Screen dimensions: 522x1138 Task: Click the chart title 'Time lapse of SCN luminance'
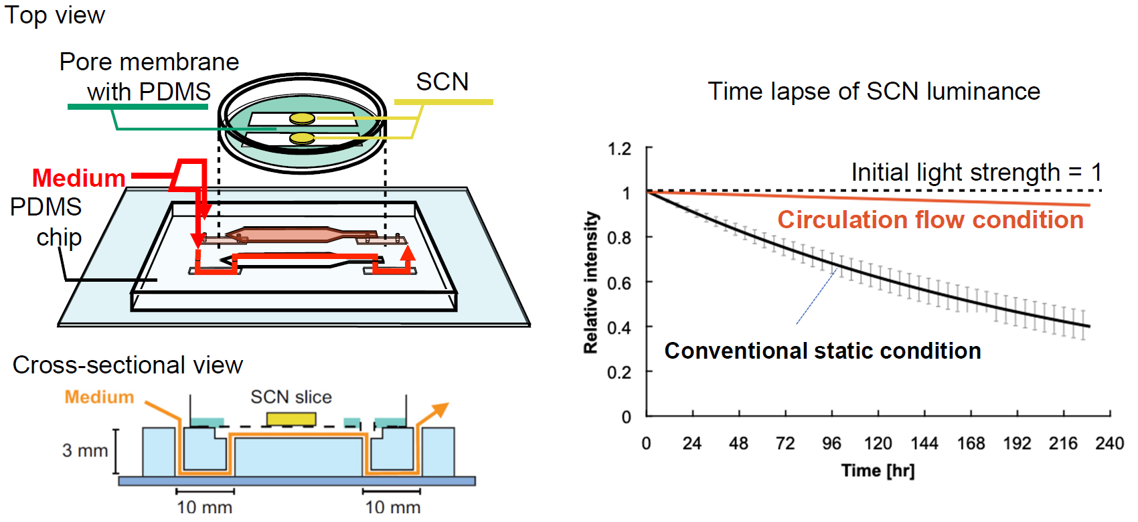(874, 91)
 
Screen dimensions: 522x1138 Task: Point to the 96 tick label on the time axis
(831, 444)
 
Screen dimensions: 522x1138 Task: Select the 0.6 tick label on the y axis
(619, 283)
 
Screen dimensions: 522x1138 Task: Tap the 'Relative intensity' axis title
(590, 282)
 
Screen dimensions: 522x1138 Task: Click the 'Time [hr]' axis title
(878, 470)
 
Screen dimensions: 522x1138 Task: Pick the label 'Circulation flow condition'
(930, 220)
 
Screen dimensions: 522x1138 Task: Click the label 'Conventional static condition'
(823, 351)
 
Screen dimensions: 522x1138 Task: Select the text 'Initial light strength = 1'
(976, 172)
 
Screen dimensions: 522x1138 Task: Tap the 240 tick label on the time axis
(1109, 444)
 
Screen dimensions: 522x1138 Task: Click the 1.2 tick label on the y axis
(619, 149)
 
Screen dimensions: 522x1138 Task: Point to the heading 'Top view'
(55, 15)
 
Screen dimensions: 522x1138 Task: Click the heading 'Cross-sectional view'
(127, 365)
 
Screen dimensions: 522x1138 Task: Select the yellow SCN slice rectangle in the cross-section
(291, 419)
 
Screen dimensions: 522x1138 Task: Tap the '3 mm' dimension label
(85, 450)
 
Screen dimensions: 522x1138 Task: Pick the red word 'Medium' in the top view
(78, 178)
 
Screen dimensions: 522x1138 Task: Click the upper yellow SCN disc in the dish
(302, 118)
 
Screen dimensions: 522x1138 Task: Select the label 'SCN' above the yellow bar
(442, 82)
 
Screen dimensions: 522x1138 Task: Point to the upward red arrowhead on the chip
(407, 252)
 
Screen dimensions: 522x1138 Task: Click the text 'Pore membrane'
(149, 62)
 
